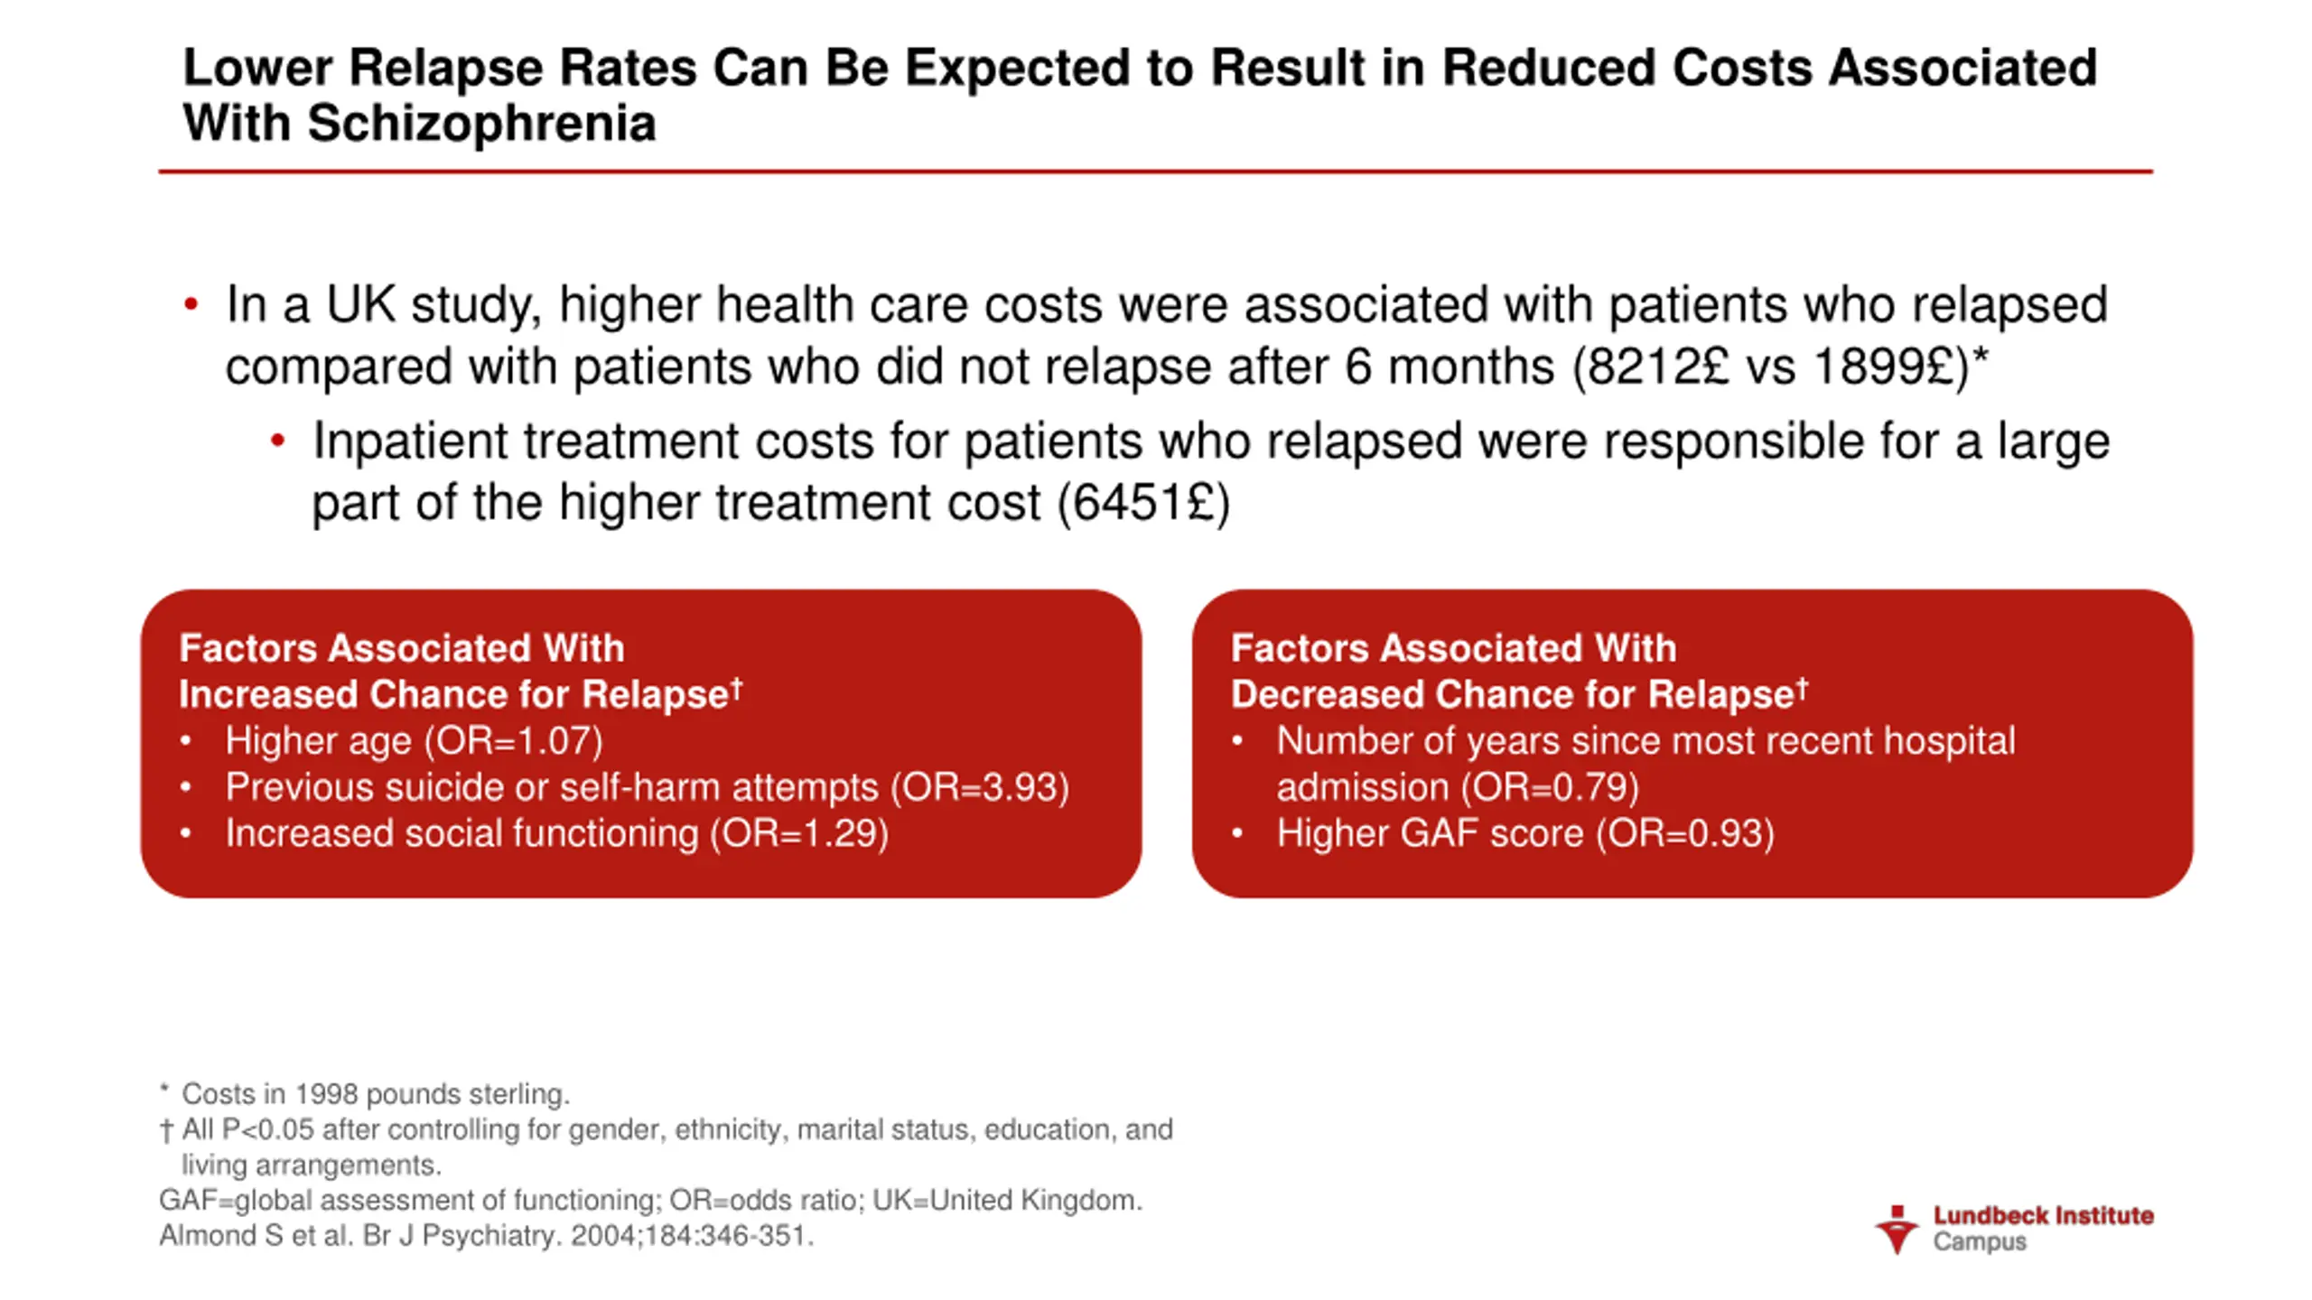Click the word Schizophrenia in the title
click(x=481, y=124)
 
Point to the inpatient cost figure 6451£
click(x=1143, y=503)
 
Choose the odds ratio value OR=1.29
click(x=799, y=833)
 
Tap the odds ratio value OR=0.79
click(x=1550, y=787)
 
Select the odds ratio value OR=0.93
click(x=1685, y=833)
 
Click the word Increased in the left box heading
click(x=268, y=695)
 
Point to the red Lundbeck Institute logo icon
click(x=1896, y=1230)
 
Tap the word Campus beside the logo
click(x=1980, y=1242)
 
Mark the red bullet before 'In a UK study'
click(x=191, y=305)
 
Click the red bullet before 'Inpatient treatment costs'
click(x=277, y=441)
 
